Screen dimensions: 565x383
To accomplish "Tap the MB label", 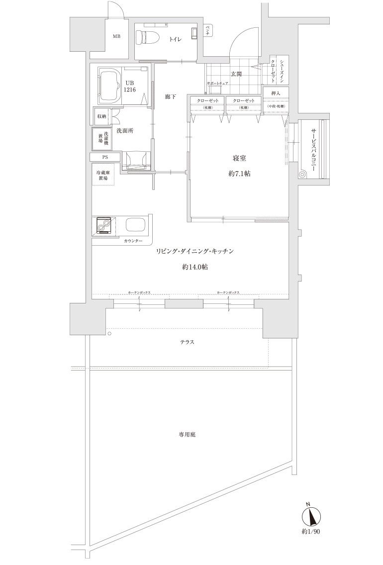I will click(116, 36).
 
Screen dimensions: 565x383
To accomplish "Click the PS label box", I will click(104, 157).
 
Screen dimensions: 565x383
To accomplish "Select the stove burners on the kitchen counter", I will click(104, 226).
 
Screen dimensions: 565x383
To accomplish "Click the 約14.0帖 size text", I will click(194, 268).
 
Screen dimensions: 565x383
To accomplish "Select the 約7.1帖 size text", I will click(240, 174).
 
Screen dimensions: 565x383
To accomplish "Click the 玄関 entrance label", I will click(236, 74).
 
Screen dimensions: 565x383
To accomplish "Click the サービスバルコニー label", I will click(314, 150).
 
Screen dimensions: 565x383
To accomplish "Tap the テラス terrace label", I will click(187, 342).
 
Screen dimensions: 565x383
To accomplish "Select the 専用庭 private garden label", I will click(187, 434).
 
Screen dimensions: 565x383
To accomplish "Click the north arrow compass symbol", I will click(313, 516).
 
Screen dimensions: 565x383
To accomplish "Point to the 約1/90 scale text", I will click(312, 532).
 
